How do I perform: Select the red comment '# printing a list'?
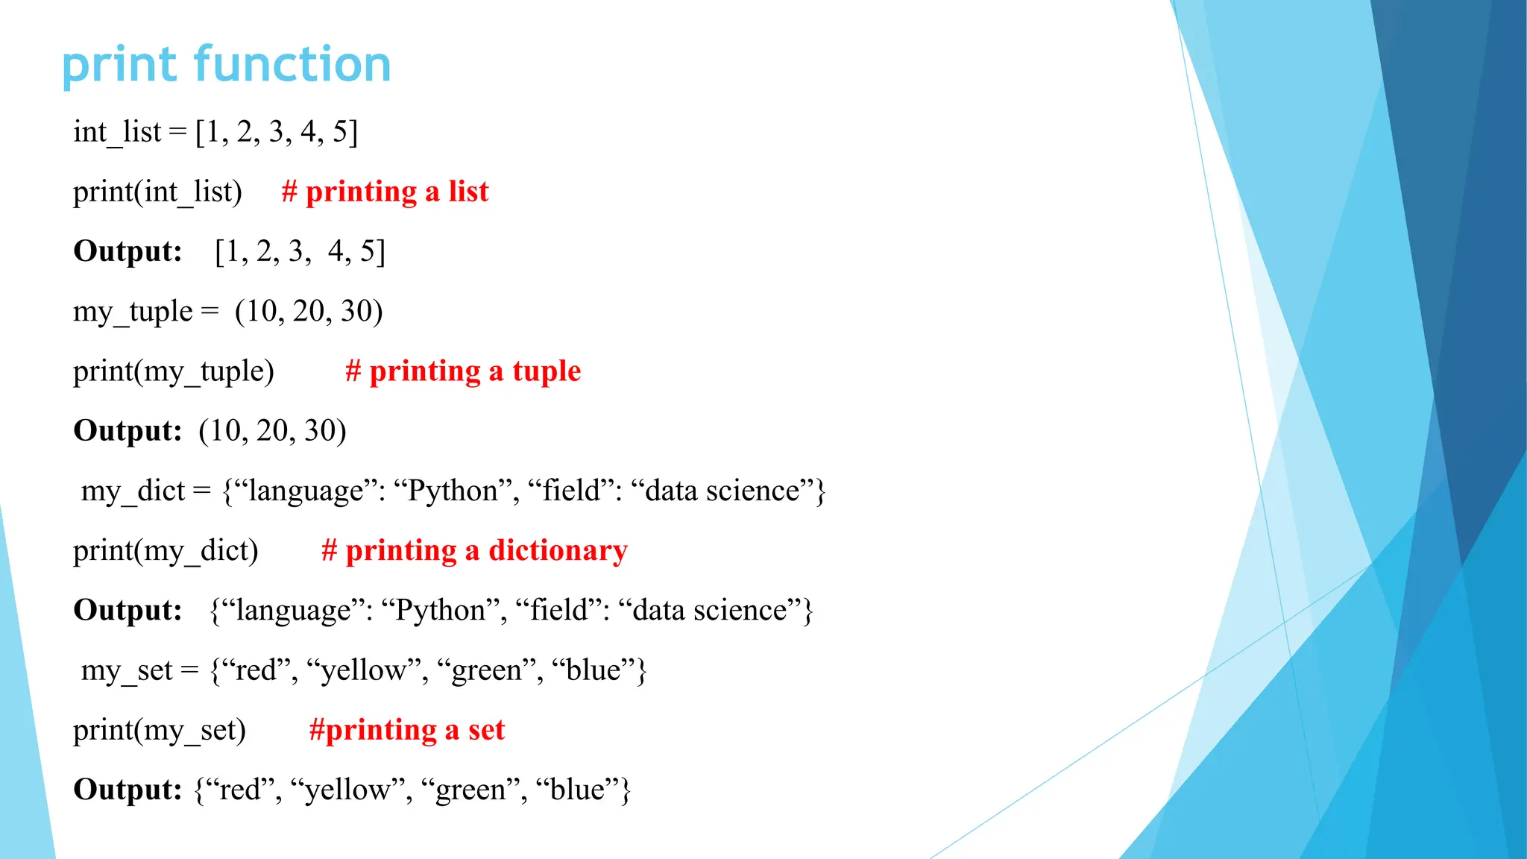click(385, 192)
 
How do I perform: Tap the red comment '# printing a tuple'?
click(462, 371)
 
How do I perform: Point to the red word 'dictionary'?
click(558, 550)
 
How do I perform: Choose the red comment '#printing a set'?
click(406, 729)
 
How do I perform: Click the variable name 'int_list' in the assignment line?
click(117, 132)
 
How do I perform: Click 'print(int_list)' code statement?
click(157, 192)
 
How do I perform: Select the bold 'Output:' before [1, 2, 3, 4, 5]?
click(127, 251)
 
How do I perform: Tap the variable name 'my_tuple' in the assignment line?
click(133, 312)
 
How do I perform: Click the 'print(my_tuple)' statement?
click(173, 371)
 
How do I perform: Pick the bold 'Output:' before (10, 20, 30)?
click(127, 431)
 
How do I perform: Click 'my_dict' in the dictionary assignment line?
click(133, 491)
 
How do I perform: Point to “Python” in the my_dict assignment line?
click(453, 491)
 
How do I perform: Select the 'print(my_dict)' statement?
click(166, 550)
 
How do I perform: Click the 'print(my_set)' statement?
click(159, 729)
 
